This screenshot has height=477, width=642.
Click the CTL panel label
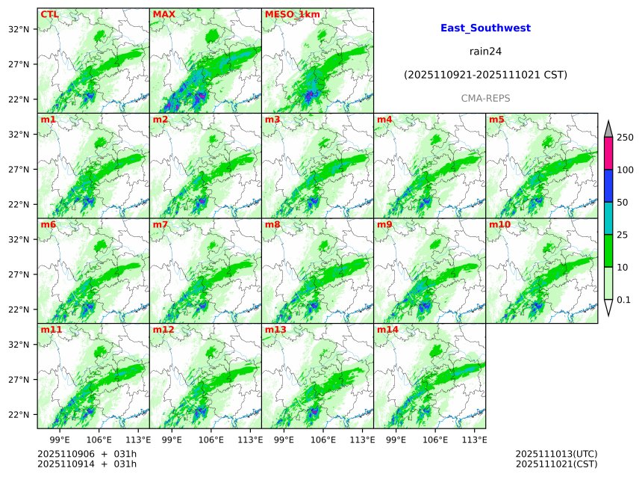pos(49,14)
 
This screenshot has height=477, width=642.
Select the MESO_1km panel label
pos(286,14)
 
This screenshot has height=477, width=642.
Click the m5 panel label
pos(496,120)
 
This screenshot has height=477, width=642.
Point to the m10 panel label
pos(499,224)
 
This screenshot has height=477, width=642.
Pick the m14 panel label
pos(387,330)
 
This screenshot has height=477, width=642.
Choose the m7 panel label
pos(160,224)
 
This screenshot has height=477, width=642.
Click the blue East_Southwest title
pos(485,28)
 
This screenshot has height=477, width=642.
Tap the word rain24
pos(485,52)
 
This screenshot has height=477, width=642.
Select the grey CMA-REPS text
pos(485,99)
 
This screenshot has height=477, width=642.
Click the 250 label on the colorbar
pos(625,138)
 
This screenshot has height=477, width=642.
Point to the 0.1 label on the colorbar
pos(624,300)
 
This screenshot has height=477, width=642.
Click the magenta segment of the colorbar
pos(608,154)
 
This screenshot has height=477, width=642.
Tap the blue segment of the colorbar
pos(608,186)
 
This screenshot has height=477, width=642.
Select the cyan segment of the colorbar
pos(608,218)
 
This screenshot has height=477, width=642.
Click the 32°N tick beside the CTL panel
pos(18,29)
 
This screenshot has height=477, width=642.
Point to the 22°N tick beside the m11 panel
pos(18,415)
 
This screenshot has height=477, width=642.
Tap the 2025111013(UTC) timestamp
pos(556,454)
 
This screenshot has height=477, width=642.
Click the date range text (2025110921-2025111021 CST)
pos(485,75)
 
